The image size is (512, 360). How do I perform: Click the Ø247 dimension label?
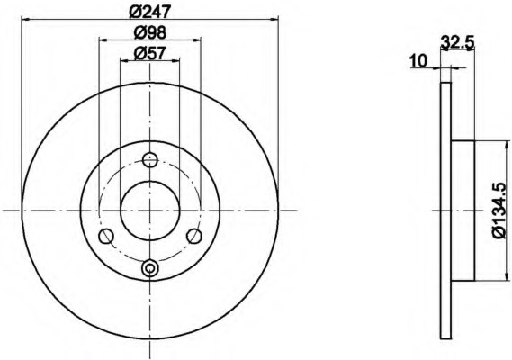pyautogui.click(x=150, y=12)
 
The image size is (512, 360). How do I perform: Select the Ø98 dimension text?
pyautogui.click(x=150, y=32)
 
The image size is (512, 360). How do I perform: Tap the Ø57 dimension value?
pyautogui.click(x=150, y=53)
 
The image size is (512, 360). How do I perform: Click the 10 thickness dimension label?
pyautogui.click(x=418, y=61)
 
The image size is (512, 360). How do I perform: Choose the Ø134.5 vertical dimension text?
pyautogui.click(x=499, y=211)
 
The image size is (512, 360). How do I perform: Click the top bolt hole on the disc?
pyautogui.click(x=150, y=159)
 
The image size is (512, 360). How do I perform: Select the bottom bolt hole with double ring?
pyautogui.click(x=150, y=268)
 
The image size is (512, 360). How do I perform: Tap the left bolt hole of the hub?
pyautogui.click(x=106, y=236)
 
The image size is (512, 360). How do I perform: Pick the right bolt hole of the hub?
pyautogui.click(x=194, y=236)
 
